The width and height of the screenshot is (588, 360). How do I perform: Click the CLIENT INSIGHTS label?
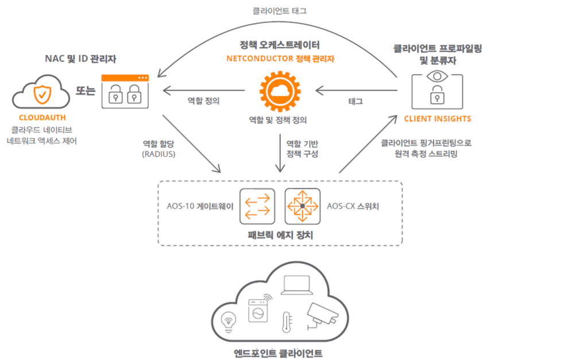click(438, 119)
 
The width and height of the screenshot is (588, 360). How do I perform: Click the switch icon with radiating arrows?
click(302, 207)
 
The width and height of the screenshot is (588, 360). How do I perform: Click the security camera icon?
click(325, 315)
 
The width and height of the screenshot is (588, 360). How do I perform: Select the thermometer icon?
click(286, 322)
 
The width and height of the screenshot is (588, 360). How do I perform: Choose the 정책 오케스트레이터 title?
click(280, 45)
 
